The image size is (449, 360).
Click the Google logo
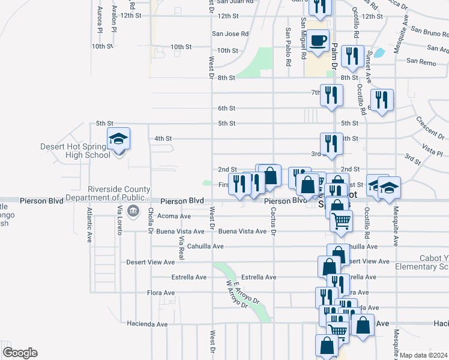[19, 353]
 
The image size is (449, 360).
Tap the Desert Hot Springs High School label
[75, 151]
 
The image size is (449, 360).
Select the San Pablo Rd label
[288, 47]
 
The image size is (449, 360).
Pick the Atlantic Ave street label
[89, 225]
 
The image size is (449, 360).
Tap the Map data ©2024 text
[423, 355]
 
